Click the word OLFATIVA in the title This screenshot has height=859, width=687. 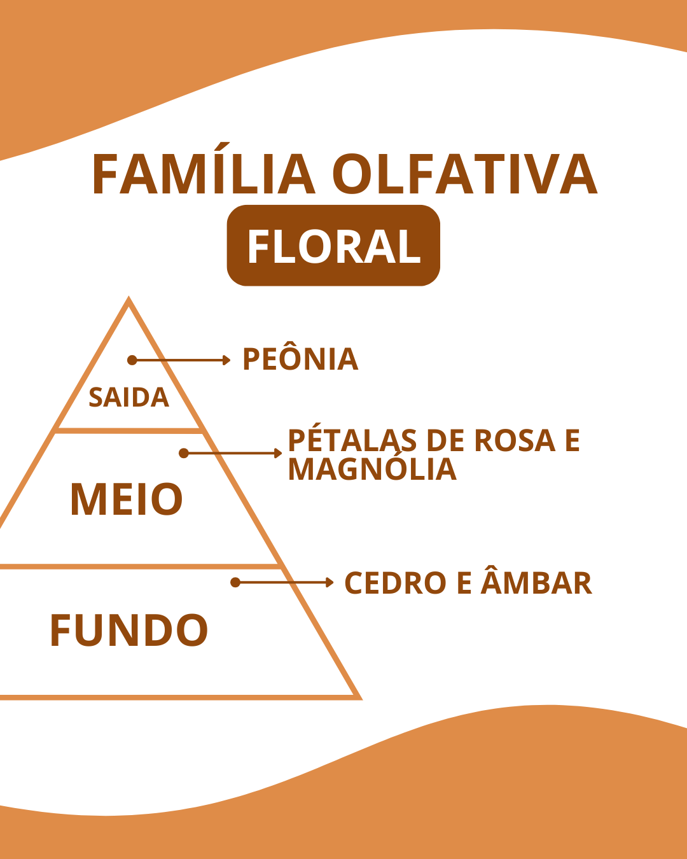point(465,174)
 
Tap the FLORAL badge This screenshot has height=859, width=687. point(333,246)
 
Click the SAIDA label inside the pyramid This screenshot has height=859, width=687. point(129,398)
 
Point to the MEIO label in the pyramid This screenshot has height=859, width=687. point(127,499)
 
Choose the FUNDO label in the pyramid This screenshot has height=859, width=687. point(129,630)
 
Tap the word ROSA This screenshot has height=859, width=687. point(515,441)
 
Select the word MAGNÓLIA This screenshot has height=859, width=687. point(372,467)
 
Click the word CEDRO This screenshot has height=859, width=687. point(395,583)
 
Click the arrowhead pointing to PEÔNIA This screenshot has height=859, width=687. point(226,360)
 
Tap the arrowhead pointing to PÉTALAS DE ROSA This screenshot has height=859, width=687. point(278,453)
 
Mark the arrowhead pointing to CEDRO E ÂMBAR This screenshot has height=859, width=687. point(330,582)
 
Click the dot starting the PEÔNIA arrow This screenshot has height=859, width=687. point(132,360)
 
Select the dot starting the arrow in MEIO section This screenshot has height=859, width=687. point(184,453)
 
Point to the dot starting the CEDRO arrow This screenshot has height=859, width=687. point(235,582)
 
